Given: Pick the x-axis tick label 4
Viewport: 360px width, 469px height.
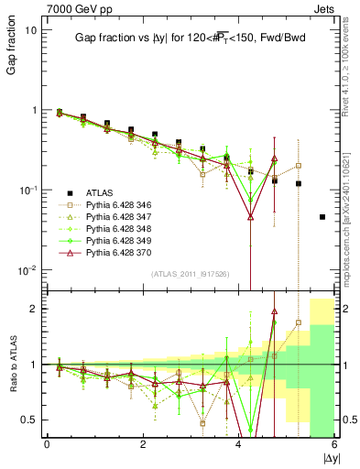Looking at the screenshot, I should pyautogui.click(x=238, y=444).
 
